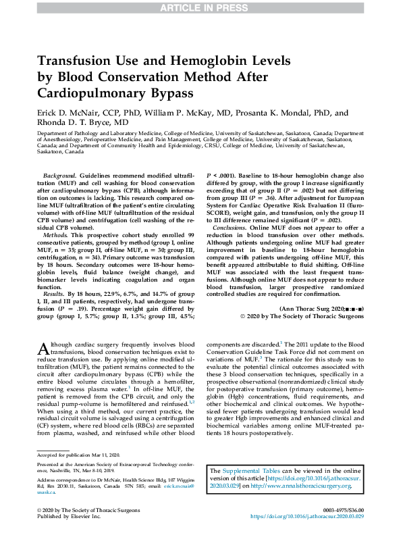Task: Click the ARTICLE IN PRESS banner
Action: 200,7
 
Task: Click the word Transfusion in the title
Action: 78,60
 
